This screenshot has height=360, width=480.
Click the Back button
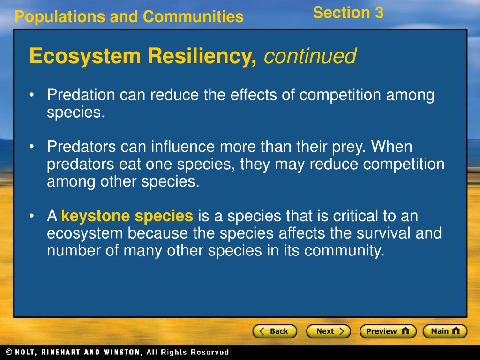click(x=275, y=331)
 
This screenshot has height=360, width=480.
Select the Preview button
click(x=388, y=331)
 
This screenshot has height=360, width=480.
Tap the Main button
click(x=445, y=331)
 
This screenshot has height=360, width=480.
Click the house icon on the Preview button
click(x=405, y=331)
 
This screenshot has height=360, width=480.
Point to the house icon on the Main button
click(x=456, y=331)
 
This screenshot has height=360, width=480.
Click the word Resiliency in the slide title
click(x=202, y=57)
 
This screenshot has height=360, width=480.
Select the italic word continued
click(x=310, y=56)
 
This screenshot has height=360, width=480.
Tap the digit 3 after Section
click(x=379, y=13)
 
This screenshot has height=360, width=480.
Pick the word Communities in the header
click(x=193, y=16)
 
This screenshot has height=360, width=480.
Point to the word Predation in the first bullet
click(x=81, y=95)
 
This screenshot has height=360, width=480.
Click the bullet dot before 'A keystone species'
click(x=31, y=216)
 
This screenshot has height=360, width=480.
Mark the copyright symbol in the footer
click(x=9, y=352)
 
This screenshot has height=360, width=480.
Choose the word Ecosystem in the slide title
click(x=85, y=57)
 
